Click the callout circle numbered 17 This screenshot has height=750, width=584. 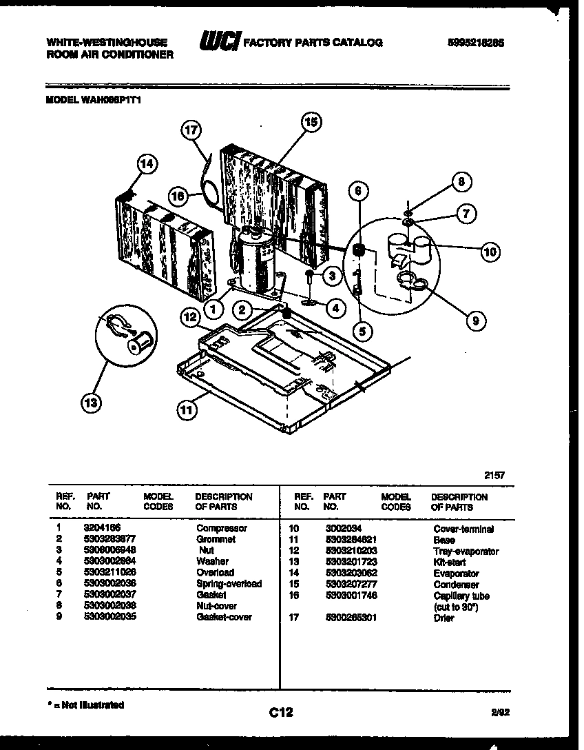point(193,130)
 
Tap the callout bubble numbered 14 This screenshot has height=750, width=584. point(146,164)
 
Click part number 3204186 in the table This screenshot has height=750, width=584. point(103,529)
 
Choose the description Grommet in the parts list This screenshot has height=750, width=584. point(216,540)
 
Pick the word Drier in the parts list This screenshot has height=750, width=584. point(444,618)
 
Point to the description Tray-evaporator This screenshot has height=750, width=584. point(466,551)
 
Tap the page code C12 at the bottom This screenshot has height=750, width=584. point(281,712)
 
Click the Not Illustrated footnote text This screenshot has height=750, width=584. point(86,705)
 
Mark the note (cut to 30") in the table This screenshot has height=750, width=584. point(456,607)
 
